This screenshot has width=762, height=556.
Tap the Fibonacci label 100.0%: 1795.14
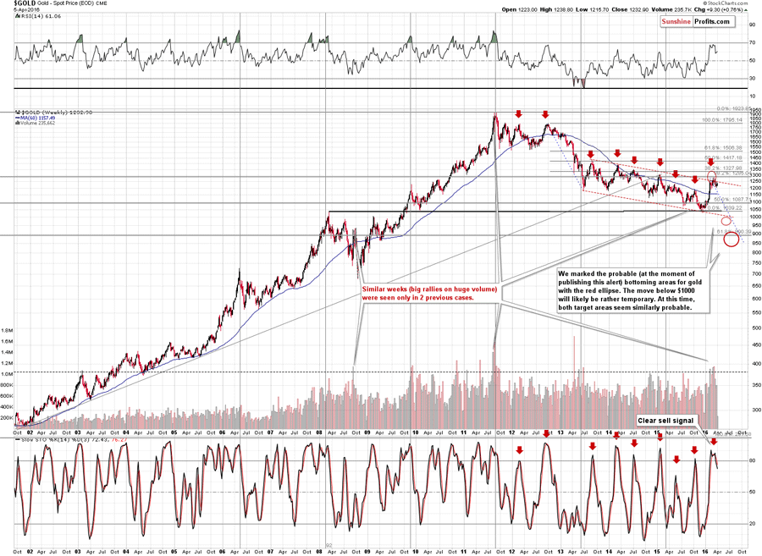[x=722, y=120]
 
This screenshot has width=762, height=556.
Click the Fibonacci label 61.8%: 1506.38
[x=722, y=146]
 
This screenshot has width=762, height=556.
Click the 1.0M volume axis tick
[x=8, y=373]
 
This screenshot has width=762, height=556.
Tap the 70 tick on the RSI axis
[x=753, y=43]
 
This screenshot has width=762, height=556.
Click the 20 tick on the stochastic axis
[x=752, y=524]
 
